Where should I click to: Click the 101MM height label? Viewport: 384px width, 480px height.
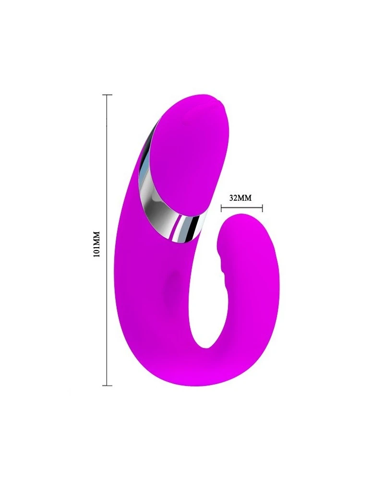(97, 244)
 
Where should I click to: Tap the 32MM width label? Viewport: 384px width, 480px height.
(240, 198)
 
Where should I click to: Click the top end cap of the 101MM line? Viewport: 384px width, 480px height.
(107, 95)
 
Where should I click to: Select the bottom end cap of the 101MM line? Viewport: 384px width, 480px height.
(107, 385)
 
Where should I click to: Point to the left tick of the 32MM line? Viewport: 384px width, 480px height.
(221, 209)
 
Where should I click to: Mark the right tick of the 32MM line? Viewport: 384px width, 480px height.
(263, 209)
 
